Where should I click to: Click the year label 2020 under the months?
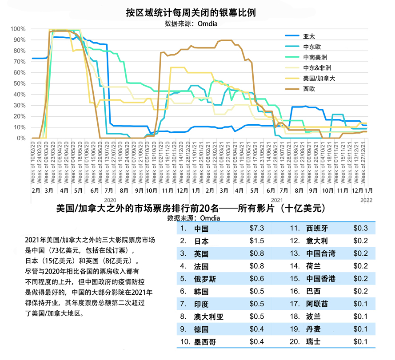(110, 201)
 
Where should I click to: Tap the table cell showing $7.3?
(257, 229)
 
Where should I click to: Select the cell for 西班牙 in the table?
(317, 229)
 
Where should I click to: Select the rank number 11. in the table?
(295, 229)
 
